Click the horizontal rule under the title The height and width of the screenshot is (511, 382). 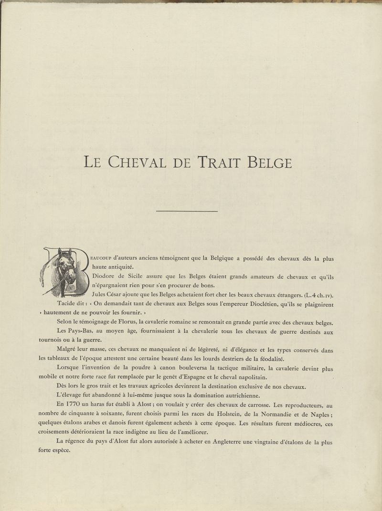[x=187, y=211]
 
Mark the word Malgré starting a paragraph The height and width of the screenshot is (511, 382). [x=68, y=350]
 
